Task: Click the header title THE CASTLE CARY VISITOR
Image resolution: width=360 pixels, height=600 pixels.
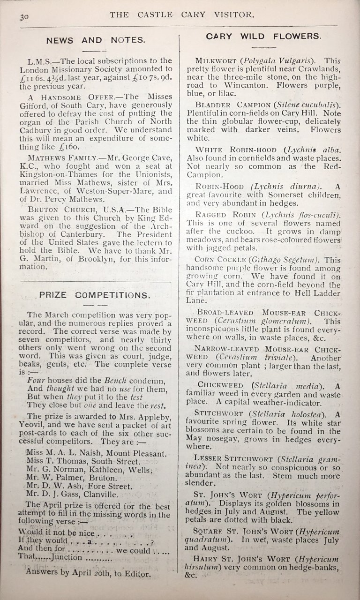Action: tap(182, 15)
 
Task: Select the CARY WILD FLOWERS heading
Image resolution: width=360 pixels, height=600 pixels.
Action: tap(263, 36)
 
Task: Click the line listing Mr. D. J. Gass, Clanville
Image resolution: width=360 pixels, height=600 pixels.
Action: tap(82, 494)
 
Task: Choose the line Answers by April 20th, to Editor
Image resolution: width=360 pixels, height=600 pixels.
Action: tap(89, 574)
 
